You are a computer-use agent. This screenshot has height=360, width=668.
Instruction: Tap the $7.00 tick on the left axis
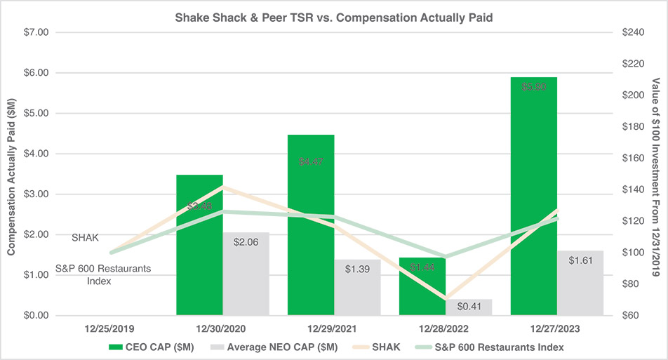[x=35, y=32]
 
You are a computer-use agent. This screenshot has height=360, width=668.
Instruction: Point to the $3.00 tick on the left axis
[x=35, y=194]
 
